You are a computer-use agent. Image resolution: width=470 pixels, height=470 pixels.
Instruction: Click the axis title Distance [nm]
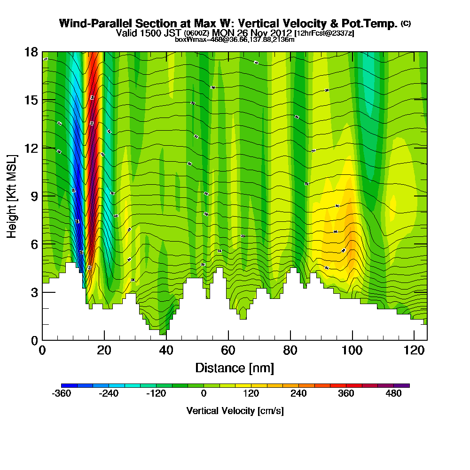point(235,368)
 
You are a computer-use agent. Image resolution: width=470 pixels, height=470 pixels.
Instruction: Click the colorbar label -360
point(61,394)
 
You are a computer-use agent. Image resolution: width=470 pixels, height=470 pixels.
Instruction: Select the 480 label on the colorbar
point(394,394)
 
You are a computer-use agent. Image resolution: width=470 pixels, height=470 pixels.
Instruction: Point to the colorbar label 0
point(204,394)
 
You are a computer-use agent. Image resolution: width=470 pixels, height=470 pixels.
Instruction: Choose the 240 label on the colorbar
point(299,394)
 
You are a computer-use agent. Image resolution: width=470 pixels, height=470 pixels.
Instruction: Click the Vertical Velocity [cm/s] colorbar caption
point(235,411)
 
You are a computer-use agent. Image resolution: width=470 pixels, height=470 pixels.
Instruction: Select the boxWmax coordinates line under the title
point(235,39)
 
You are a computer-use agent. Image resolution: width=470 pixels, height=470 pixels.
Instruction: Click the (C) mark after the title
point(406,23)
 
